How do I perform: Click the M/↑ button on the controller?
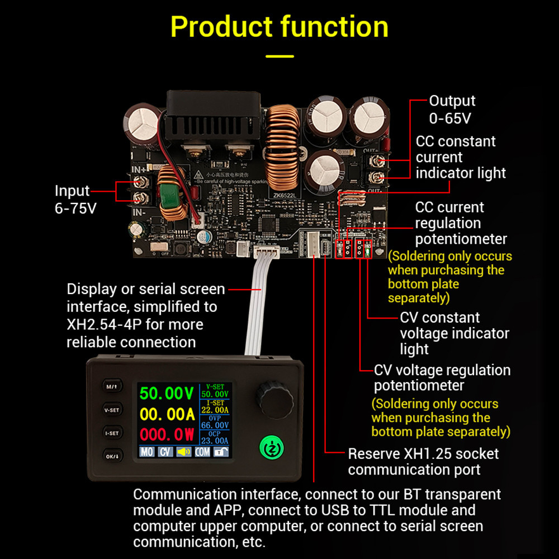112,386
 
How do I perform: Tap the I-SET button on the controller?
112,433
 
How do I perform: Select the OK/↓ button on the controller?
112,457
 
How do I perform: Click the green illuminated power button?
271,448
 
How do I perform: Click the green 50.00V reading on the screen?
167,393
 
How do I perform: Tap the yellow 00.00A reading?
167,414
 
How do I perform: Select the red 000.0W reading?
167,434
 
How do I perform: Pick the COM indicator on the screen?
202,452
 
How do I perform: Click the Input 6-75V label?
75,199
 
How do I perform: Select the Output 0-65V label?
452,109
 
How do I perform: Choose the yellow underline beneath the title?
279,56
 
